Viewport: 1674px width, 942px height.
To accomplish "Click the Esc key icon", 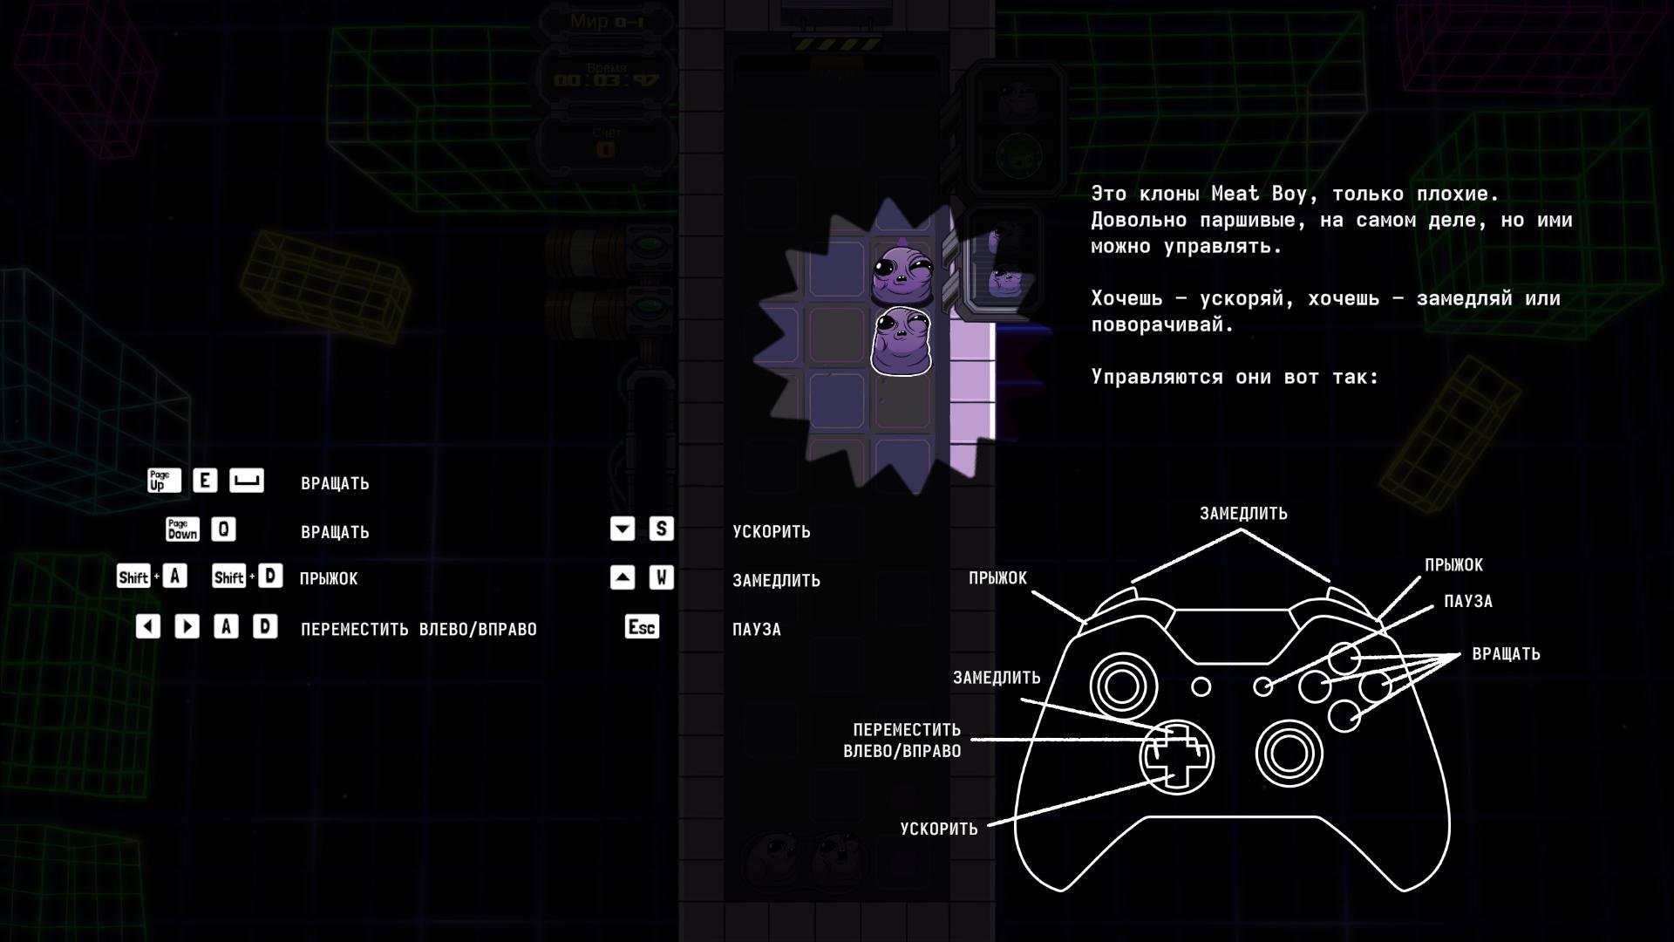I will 642,627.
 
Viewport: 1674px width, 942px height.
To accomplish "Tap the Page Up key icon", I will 164,481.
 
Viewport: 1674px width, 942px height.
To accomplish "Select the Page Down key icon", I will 182,529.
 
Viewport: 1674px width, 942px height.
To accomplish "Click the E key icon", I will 205,481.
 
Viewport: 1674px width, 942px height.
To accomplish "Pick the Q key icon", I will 223,529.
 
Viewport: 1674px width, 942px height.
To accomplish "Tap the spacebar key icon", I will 247,481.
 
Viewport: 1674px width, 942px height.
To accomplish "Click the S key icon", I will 661,529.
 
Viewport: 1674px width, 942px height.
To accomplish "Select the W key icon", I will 661,577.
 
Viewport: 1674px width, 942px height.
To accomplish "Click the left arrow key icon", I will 148,627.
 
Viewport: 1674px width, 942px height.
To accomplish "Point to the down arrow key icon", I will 623,529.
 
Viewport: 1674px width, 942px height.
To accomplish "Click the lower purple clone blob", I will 902,342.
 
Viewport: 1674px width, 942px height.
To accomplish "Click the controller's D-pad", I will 1176,756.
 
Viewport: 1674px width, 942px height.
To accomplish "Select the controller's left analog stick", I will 1122,685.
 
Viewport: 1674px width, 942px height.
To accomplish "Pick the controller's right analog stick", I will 1289,753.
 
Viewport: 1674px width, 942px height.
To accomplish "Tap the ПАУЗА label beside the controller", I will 1468,602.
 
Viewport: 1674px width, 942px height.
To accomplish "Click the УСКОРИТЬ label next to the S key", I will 772,531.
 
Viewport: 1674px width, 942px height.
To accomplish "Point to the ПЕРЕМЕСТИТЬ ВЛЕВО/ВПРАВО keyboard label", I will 418,629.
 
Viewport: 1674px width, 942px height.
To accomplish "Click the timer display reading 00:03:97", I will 607,81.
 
